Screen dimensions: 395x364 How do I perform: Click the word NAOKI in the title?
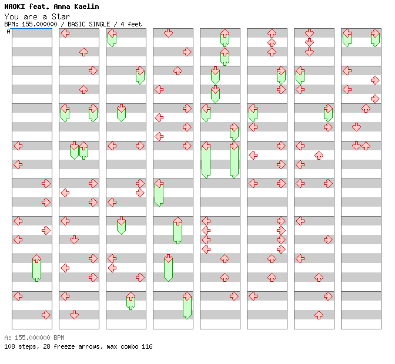(15, 6)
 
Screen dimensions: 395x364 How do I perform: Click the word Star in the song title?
(61, 16)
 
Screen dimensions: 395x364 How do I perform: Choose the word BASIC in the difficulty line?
(76, 24)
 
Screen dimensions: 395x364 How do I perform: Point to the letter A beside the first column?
(9, 31)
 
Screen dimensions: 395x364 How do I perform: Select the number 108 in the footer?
(9, 346)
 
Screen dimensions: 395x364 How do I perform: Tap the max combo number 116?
(147, 346)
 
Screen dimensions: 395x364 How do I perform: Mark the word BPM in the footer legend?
(59, 338)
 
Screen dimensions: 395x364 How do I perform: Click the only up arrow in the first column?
(37, 258)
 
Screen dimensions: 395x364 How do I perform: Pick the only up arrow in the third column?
(130, 296)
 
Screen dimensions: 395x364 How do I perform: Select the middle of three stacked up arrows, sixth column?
(272, 42)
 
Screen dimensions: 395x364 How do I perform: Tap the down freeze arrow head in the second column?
(74, 146)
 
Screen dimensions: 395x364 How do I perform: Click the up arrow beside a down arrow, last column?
(366, 146)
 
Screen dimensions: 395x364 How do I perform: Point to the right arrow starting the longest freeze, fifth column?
(234, 146)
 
